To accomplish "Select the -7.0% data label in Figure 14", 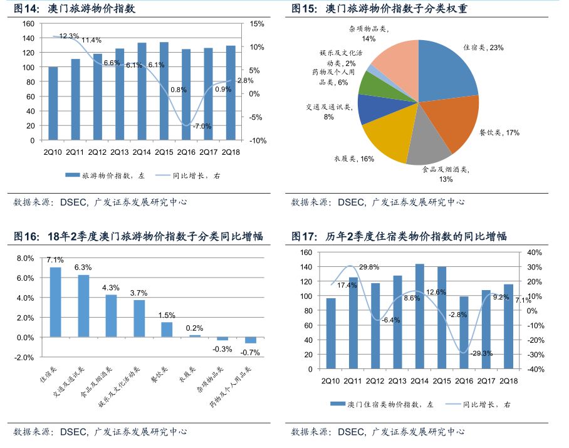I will click(x=202, y=127).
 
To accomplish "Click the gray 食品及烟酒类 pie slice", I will click(x=427, y=145).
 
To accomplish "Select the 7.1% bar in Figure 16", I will click(x=55, y=302).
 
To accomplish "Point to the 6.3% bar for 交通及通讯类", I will click(x=83, y=306).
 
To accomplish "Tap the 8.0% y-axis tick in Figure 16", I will click(x=25, y=258).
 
